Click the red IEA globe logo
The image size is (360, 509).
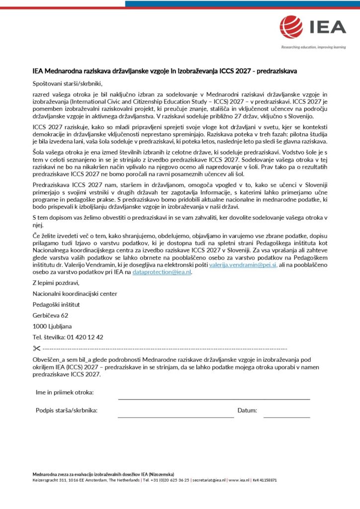coord(291,26)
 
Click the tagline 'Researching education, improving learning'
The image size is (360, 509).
coord(313,47)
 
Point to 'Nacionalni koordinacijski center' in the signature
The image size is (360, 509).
coord(75,293)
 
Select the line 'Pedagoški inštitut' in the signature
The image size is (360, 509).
coord(56,304)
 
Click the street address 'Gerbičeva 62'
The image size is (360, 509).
coord(50,315)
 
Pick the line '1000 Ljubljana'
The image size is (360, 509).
coord(52,326)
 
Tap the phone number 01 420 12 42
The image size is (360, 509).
coord(85,337)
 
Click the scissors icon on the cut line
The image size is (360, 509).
coord(37,348)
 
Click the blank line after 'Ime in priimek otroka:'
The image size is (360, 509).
coord(214,398)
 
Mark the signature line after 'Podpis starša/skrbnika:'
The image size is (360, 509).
coord(176,417)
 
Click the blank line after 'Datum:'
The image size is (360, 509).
coord(286,417)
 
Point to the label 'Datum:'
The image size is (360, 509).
coord(247,411)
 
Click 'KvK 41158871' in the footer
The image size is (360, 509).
coord(265,480)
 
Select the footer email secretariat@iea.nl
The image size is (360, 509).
coord(209,480)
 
